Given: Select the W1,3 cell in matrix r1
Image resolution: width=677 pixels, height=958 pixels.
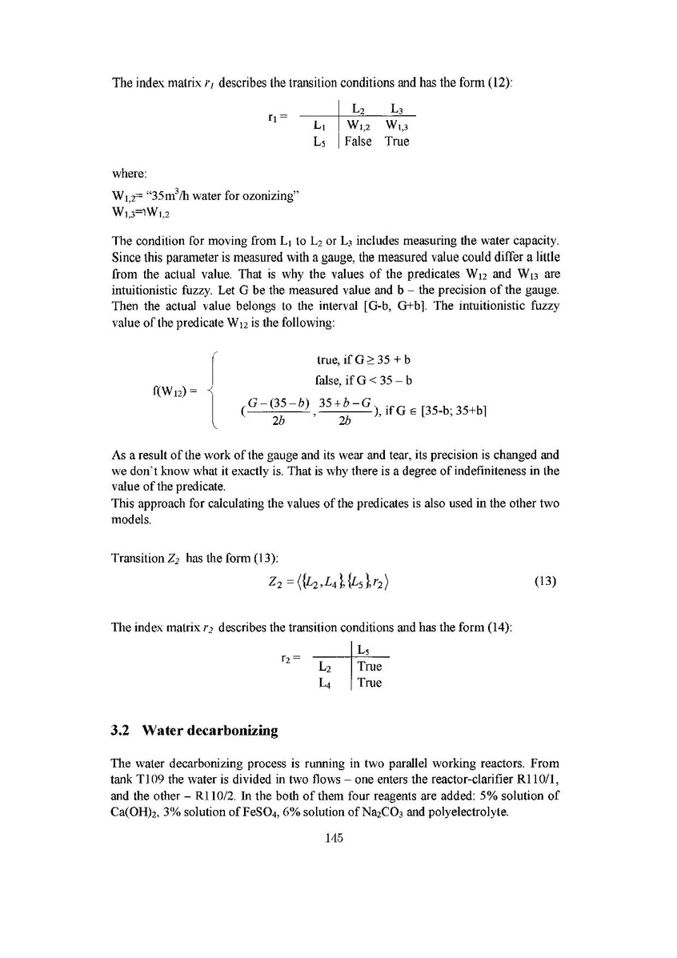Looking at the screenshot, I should coord(396,125).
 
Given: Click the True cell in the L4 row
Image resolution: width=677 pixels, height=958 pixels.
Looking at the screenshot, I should coord(369,683).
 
